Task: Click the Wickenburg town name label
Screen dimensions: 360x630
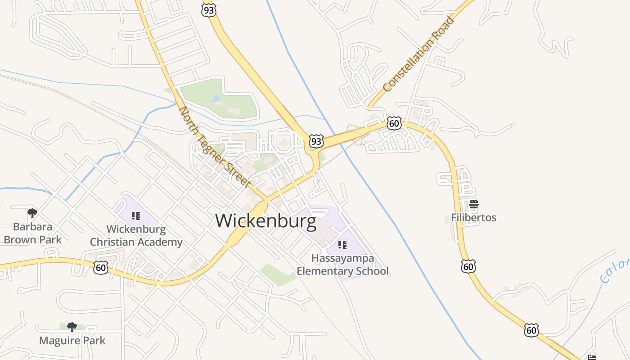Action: point(265,221)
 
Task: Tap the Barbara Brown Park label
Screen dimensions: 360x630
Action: point(32,233)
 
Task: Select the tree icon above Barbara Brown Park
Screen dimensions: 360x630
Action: point(32,212)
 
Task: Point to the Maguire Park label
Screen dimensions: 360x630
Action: point(72,340)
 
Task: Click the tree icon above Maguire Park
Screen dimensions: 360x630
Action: point(72,327)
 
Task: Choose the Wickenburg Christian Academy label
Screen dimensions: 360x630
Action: point(136,235)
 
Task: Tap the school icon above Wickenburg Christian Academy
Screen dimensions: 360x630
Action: point(136,216)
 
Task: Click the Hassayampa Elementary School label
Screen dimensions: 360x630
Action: point(342,265)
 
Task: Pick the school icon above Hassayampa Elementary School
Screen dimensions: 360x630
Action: point(342,245)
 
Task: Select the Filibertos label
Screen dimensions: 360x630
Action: point(473,218)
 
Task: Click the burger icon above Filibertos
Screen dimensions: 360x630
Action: point(473,204)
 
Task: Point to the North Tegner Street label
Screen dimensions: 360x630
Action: point(215,147)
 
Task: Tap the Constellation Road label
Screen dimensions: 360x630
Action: point(418,54)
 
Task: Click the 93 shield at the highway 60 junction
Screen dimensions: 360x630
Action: point(316,142)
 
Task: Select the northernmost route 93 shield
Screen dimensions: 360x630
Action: point(208,10)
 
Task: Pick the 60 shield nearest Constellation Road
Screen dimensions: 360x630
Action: point(394,123)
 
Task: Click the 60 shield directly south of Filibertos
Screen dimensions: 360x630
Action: point(468,266)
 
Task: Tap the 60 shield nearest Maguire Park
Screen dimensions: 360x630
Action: point(101,268)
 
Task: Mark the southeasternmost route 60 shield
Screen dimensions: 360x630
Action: point(531,330)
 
